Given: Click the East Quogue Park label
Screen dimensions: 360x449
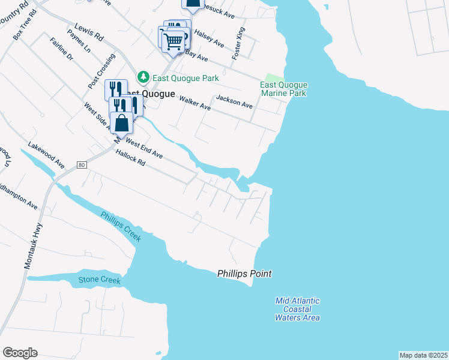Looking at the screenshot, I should [x=185, y=78].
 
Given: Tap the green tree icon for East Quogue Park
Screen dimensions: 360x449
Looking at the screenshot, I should [x=143, y=77].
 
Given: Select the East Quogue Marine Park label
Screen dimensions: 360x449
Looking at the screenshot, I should [x=283, y=89].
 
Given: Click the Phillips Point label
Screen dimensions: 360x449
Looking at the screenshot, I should [x=244, y=274].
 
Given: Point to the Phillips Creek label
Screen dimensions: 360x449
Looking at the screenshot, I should [x=121, y=227].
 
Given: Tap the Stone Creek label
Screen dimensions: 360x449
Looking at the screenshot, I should [x=100, y=280].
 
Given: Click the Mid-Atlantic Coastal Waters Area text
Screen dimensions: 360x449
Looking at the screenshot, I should [x=298, y=309].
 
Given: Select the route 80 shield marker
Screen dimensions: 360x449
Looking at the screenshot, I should [x=82, y=164].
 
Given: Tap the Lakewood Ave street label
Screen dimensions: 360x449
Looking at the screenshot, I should [x=46, y=155].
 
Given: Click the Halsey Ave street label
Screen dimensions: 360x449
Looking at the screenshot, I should [x=210, y=40].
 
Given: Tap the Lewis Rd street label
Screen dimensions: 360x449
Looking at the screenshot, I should [x=89, y=33].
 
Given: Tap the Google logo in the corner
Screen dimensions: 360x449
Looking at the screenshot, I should [x=20, y=353].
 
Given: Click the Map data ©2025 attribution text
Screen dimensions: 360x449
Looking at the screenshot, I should [x=423, y=355].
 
